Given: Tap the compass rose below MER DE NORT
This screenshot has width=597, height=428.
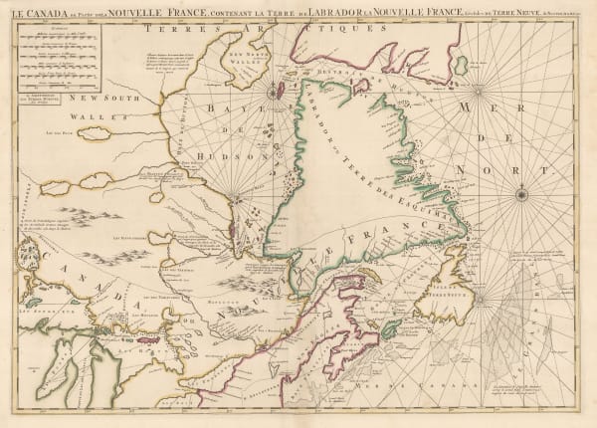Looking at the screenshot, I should click(522, 194).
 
